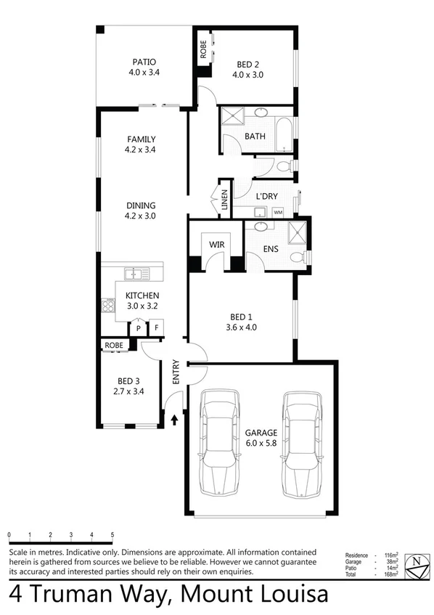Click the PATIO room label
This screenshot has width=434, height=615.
(x=144, y=62)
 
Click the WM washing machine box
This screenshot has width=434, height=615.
(x=279, y=212)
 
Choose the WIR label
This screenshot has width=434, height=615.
(x=217, y=245)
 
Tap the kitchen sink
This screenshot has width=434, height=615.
(x=136, y=273)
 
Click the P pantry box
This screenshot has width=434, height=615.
(x=138, y=329)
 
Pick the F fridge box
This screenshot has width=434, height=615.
(x=155, y=329)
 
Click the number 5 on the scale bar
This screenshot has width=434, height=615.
(x=112, y=536)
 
